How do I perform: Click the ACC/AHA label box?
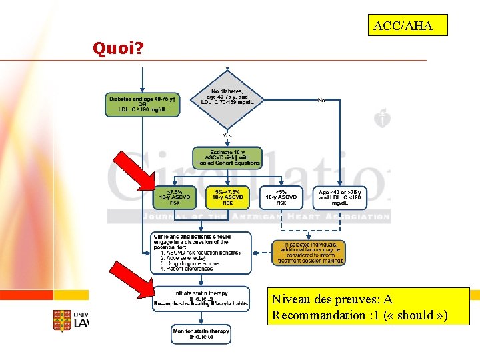[407, 26]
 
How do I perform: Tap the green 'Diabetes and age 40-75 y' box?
[142, 105]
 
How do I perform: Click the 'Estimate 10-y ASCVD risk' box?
[227, 158]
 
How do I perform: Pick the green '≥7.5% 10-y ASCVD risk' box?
[175, 197]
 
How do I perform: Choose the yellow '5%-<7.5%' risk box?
[227, 197]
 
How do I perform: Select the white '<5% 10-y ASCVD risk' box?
[280, 197]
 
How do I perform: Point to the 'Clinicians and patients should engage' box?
[201, 253]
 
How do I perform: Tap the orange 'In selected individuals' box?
[309, 253]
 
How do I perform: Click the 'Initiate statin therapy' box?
[201, 299]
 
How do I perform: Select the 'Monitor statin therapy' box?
[201, 334]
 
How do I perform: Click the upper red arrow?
[133, 173]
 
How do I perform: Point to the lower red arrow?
[133, 283]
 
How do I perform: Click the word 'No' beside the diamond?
[321, 100]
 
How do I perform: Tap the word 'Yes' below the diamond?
[227, 135]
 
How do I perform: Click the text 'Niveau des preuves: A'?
[332, 300]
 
